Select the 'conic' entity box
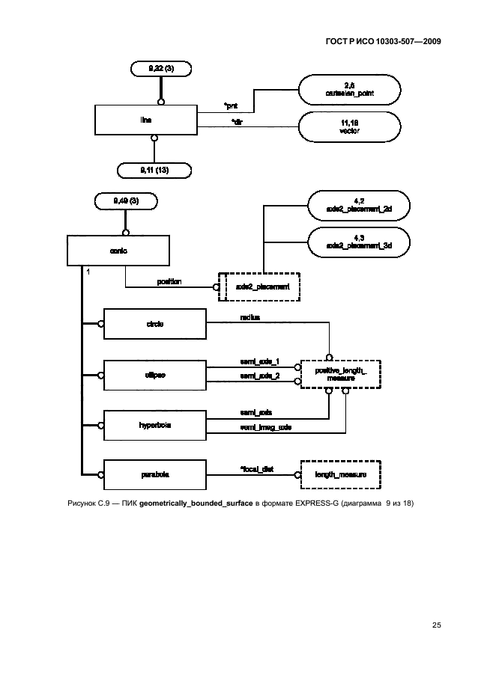point(118,251)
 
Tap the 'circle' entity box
point(154,324)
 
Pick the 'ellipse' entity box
point(154,374)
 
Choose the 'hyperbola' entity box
point(154,424)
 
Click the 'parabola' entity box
point(154,474)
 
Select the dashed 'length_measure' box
point(339,474)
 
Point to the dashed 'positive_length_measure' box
point(339,374)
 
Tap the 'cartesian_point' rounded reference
point(348,90)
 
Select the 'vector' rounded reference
point(348,126)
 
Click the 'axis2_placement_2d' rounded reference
point(360,205)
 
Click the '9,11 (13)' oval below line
point(154,170)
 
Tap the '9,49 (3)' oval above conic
point(126,200)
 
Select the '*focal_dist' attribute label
point(256,468)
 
